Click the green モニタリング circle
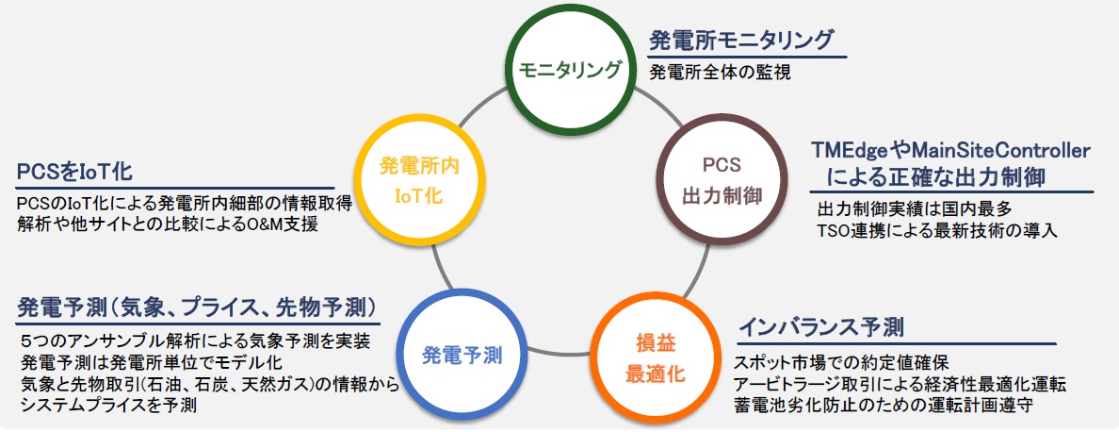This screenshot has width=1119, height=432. point(573,69)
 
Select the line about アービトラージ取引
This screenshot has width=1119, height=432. point(901,384)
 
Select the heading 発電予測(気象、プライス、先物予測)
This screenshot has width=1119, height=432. point(198,307)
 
